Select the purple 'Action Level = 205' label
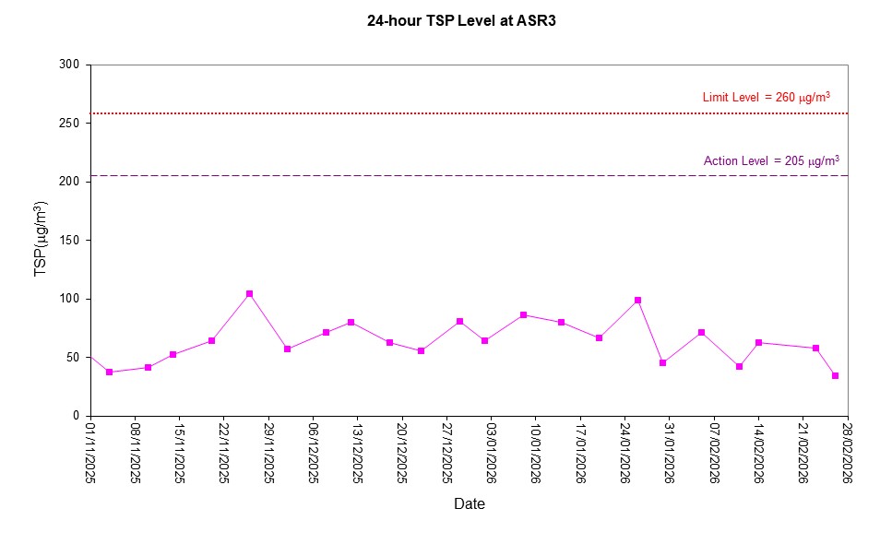[771, 160]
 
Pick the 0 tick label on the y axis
[77, 416]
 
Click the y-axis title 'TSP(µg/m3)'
[41, 240]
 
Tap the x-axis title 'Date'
[469, 503]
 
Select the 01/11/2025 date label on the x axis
[90, 452]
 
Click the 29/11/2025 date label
[268, 452]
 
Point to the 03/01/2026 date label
[491, 452]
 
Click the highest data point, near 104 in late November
[249, 294]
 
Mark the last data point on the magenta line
[835, 375]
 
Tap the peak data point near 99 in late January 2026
[637, 300]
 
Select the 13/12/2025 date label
[357, 452]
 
